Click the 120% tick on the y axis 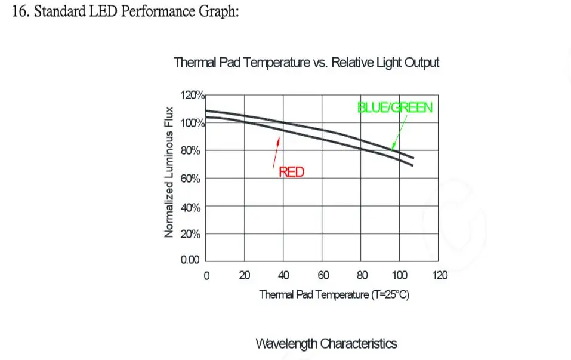192,95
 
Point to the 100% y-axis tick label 192,123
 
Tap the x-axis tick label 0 206,276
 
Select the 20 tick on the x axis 245,276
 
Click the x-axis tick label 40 283,276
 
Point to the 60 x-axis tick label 322,276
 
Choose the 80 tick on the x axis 362,276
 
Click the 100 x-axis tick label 399,276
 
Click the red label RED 292,173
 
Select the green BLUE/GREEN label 394,108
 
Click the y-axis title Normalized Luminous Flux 169,172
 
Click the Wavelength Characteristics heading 326,344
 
